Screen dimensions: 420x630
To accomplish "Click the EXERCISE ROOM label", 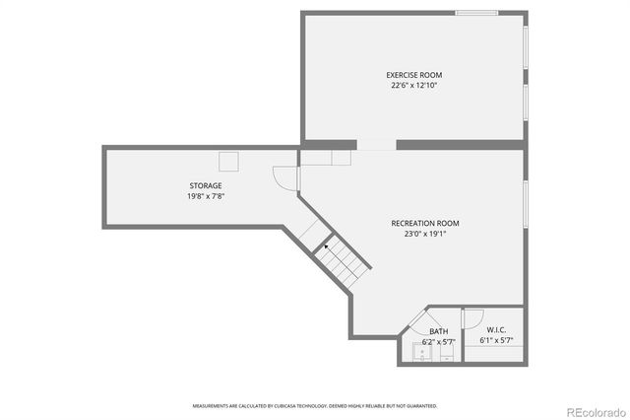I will (413, 75).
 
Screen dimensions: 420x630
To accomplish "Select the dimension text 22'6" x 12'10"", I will (413, 86).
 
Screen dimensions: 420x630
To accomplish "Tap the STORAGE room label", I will (206, 185).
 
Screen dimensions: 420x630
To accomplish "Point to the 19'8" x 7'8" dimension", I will (206, 196).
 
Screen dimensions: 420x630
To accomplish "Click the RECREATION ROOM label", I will (425, 223).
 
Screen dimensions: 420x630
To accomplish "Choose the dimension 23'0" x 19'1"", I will (425, 234).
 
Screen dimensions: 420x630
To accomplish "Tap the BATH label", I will (438, 331).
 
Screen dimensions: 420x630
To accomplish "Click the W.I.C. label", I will (495, 330).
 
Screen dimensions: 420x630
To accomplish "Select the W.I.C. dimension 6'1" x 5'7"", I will (495, 341).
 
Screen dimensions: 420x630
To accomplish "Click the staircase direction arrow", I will (326, 247).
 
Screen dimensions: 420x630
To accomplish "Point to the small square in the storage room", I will (229, 162).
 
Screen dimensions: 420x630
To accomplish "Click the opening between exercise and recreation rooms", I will (376, 145).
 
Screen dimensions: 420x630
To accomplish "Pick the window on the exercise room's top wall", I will (475, 13).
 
